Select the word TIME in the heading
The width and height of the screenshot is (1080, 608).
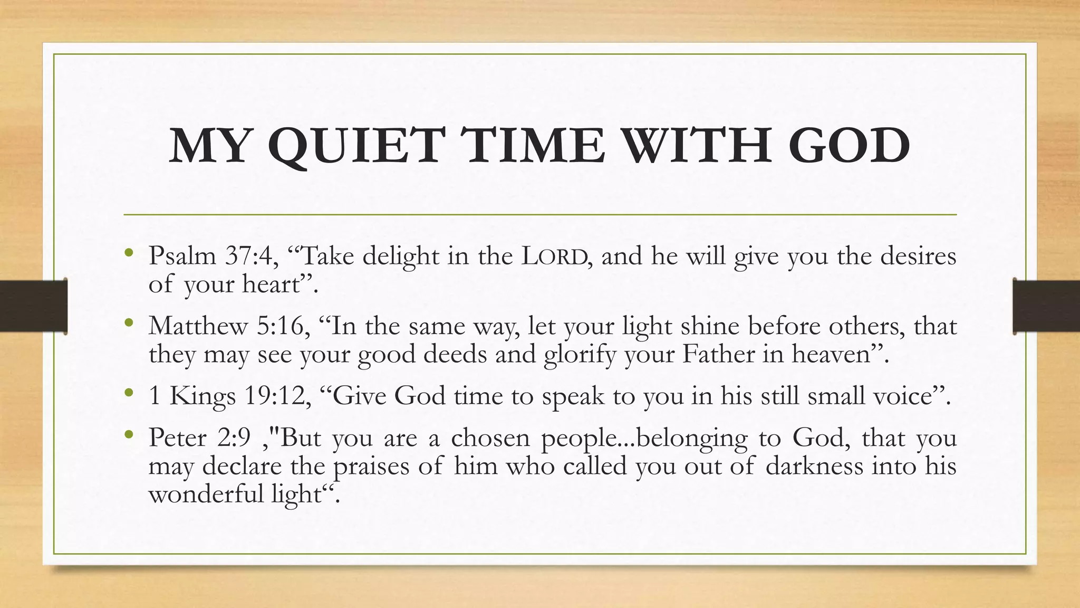[x=533, y=146]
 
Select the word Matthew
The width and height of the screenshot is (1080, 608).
[x=198, y=326]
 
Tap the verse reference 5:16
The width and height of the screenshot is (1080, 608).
[x=283, y=326]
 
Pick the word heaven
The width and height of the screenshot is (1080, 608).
[x=831, y=354]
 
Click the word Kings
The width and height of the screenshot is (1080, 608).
[x=202, y=396]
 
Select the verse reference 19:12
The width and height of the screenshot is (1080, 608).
[x=277, y=396]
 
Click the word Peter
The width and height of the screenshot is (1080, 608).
[x=177, y=438]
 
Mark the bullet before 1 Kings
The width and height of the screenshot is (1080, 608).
[x=129, y=393]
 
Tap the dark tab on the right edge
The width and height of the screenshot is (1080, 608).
[x=1046, y=306]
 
